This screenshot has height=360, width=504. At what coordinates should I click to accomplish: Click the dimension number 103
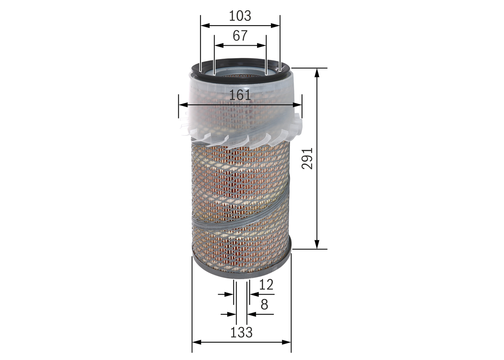(x=240, y=16)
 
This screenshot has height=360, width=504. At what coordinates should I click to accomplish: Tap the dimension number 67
(x=240, y=35)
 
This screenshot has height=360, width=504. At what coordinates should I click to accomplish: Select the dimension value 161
(x=240, y=95)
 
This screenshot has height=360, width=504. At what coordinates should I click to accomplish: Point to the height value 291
(x=307, y=158)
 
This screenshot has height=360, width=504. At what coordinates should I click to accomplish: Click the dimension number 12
(x=266, y=284)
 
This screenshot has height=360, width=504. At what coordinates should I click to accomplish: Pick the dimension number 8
(x=264, y=304)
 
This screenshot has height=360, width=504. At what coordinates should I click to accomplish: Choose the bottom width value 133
(x=241, y=332)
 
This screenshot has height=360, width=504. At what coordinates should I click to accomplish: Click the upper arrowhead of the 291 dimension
(x=317, y=73)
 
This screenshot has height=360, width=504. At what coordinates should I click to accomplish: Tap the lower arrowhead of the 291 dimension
(x=317, y=245)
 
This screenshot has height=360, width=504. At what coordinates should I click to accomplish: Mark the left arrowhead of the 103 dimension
(x=205, y=26)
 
